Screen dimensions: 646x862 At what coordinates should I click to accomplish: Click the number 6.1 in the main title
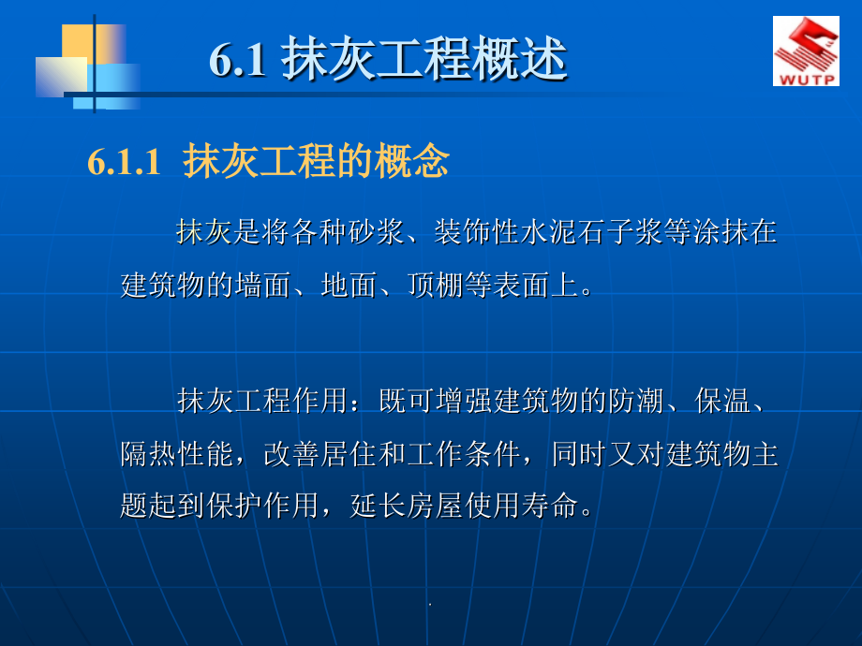(237, 61)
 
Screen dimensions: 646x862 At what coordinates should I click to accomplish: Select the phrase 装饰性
(476, 232)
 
